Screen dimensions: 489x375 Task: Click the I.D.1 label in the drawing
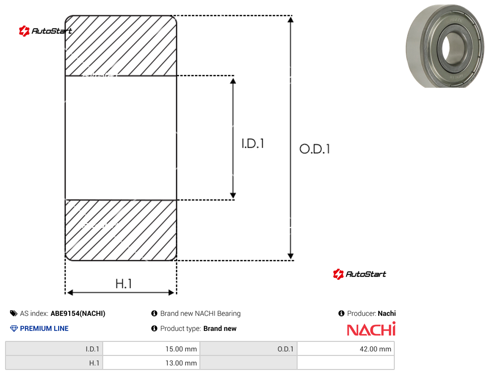(x=253, y=143)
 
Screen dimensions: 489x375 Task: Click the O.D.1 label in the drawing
(x=315, y=149)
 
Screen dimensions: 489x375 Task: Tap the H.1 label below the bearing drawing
(x=124, y=284)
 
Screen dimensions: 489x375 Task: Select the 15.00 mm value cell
(x=152, y=349)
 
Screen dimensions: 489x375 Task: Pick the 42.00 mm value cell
(x=346, y=349)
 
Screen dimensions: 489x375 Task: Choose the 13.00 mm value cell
(x=152, y=363)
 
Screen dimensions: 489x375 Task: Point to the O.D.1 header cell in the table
(x=249, y=349)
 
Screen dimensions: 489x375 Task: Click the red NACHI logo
(x=371, y=329)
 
